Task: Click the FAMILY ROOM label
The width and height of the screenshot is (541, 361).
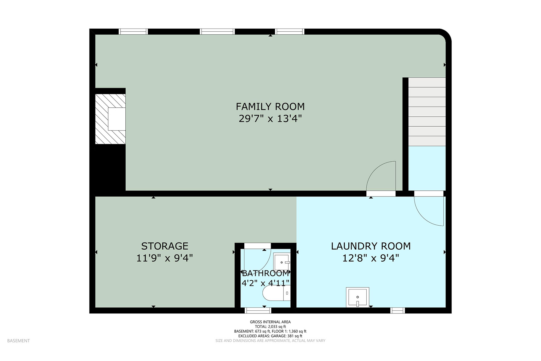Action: [x=270, y=106]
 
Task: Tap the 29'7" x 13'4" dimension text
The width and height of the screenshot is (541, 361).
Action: [x=270, y=119]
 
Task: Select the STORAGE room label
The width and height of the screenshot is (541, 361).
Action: [x=165, y=246]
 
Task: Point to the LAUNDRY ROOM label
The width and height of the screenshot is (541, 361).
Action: [x=371, y=246]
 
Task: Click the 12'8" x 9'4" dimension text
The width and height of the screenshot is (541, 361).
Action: [x=371, y=258]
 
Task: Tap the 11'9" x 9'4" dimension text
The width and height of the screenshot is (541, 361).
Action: [x=165, y=258]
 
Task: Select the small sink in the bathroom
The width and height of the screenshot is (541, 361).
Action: [x=282, y=262]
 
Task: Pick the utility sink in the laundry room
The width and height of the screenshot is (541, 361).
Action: [x=357, y=297]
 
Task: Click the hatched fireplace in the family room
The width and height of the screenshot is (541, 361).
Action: [x=110, y=119]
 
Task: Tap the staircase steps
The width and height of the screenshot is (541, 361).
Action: [x=427, y=112]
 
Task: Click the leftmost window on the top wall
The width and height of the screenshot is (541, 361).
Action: [x=133, y=32]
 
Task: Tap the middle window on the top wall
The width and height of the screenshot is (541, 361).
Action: [x=217, y=32]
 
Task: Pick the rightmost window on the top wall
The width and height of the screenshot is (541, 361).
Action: [x=290, y=32]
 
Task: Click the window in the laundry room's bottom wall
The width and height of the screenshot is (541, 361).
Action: [x=398, y=310]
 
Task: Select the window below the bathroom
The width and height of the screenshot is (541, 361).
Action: [x=258, y=310]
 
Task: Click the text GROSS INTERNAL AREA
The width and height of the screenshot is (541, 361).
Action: [x=270, y=322]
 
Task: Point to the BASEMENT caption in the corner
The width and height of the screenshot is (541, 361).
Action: [x=18, y=341]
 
